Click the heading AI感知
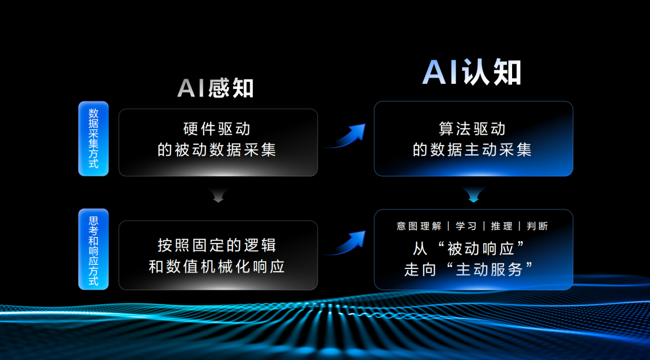pos(215,88)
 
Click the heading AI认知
pos(472,71)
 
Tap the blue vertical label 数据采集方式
pos(94,139)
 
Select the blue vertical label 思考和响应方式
pos(94,249)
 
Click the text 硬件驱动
pos(217,129)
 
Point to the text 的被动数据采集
pos(217,150)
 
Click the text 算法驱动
pos(472,129)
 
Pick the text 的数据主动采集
pos(472,150)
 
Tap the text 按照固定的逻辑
pos(217,245)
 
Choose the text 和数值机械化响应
pos(217,266)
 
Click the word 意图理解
pos(419,226)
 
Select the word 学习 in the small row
pos(466,226)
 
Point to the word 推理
pos(502,226)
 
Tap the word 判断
pos(537,226)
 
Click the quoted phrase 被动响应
pos(481,248)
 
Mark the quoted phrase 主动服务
pos(489,269)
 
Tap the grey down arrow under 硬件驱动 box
pos(218,195)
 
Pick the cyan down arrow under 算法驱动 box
pos(473,194)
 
